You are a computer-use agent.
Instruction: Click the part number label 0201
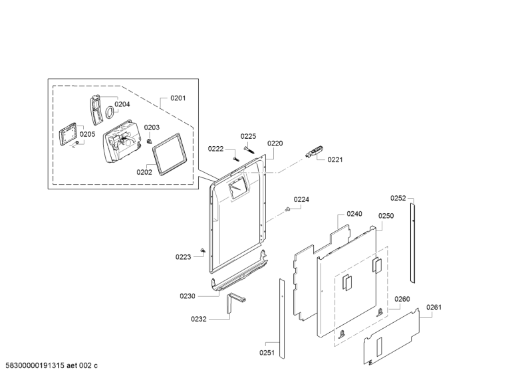coord(178,98)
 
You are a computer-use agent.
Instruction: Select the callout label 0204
coord(122,104)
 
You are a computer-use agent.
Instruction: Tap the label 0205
coord(88,134)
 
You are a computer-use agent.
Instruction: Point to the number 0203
coord(152,128)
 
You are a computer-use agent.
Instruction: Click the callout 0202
coord(144,172)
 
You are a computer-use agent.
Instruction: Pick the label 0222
coord(216,149)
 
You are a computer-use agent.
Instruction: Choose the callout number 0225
coord(248,136)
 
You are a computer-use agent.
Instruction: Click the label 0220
coord(275,143)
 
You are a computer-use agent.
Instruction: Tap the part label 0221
coord(335,160)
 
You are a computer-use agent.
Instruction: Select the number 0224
coord(301,199)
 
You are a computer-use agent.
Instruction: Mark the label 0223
coord(184,257)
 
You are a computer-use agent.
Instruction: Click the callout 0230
coord(187,296)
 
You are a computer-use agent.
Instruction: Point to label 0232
coord(199,320)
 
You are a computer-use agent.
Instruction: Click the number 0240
coord(354,214)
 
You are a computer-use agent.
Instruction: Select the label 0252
coord(398,198)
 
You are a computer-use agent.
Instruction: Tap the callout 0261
coord(434,307)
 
